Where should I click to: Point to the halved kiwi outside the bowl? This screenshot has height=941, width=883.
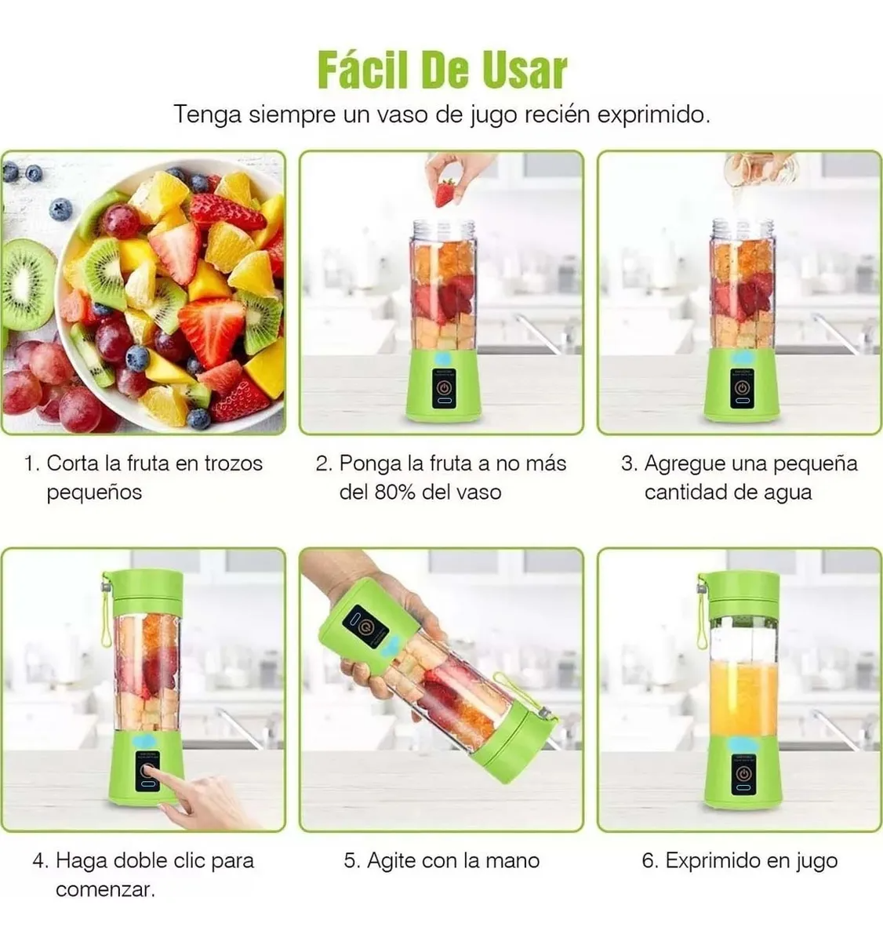pyautogui.click(x=26, y=284)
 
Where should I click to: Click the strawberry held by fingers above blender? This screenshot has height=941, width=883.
pyautogui.click(x=445, y=192)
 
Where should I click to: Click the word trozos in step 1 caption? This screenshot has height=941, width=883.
pyautogui.click(x=233, y=463)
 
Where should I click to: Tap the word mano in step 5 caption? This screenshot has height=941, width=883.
pyautogui.click(x=514, y=860)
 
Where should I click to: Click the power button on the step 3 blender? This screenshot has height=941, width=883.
pyautogui.click(x=742, y=387)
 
